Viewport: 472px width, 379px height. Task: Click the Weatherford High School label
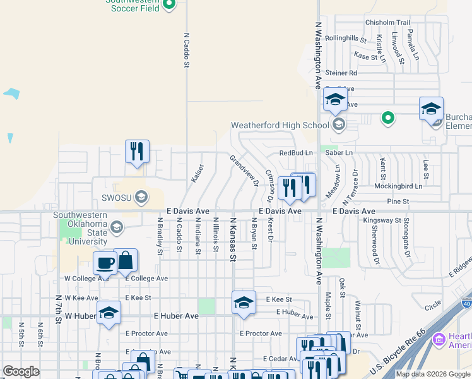click(280, 125)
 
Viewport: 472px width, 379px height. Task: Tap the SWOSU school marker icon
click(141, 197)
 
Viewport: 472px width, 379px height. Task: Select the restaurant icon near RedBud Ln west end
click(137, 152)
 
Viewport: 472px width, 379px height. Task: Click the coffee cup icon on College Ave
click(105, 263)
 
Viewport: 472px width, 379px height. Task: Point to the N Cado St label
click(187, 51)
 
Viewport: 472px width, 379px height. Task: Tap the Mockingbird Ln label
click(397, 186)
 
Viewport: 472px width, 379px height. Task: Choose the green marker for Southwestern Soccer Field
click(169, 6)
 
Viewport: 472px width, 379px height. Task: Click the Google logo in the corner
click(21, 371)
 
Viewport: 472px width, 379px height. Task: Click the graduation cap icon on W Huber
click(109, 313)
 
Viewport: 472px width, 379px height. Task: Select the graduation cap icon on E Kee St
click(244, 303)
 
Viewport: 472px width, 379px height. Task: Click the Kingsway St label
click(382, 221)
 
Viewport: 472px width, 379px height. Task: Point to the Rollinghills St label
click(346, 39)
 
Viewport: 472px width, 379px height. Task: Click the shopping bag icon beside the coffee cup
click(126, 262)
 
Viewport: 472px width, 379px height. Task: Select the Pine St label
click(398, 202)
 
